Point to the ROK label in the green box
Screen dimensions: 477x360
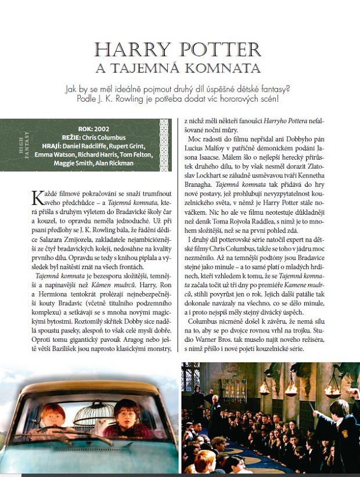(x=84, y=129)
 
